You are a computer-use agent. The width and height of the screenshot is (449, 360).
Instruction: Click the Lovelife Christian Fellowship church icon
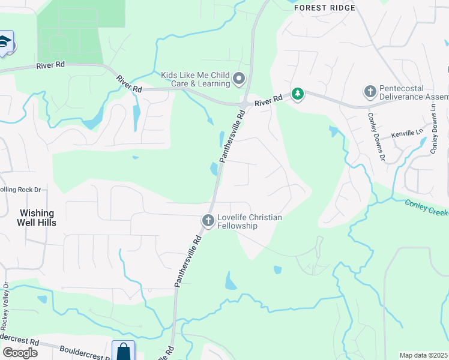click(x=208, y=221)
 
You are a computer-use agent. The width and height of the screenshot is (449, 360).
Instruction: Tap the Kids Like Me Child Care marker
click(x=239, y=79)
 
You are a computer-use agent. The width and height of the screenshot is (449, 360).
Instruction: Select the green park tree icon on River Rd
click(x=297, y=94)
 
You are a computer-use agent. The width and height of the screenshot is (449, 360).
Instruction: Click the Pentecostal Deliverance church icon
click(x=370, y=92)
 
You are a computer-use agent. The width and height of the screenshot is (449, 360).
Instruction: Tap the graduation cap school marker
click(x=5, y=43)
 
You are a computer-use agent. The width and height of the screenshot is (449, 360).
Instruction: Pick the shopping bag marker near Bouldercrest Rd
click(x=123, y=350)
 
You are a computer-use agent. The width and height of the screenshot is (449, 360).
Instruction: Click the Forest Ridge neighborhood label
click(x=324, y=8)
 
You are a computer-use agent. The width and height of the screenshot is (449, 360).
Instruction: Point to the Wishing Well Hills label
click(x=37, y=218)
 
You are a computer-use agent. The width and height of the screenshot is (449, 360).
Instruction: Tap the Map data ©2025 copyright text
click(x=423, y=355)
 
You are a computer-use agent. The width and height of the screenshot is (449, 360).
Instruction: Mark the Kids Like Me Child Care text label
click(x=196, y=79)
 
